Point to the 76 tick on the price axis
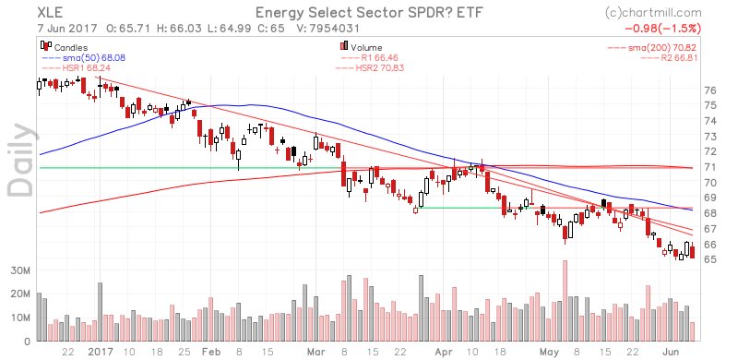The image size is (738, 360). (x=709, y=90)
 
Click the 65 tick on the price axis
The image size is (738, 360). (x=709, y=259)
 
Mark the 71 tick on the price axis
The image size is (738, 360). (x=709, y=167)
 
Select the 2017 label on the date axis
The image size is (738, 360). (x=101, y=352)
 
